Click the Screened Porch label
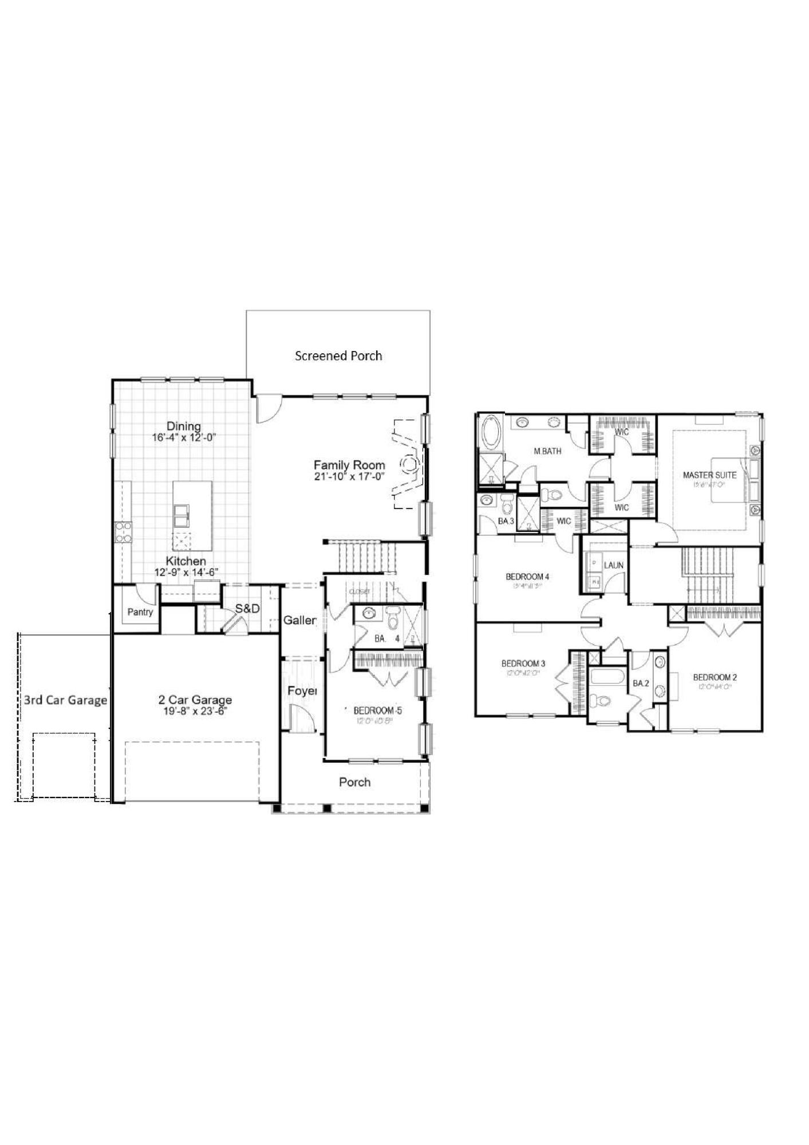(338, 356)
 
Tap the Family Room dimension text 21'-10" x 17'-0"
(349, 476)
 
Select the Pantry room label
(140, 612)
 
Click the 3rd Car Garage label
(65, 700)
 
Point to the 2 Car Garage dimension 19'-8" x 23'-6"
(195, 712)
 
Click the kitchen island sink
(183, 515)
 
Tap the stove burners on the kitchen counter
(123, 532)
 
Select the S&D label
(247, 609)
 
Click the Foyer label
(302, 691)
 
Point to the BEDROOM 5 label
(377, 710)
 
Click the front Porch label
(354, 782)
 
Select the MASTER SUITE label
(709, 475)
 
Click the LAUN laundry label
(613, 565)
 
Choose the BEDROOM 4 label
(527, 577)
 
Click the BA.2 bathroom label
(641, 683)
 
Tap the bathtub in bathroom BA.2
(609, 678)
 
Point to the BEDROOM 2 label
(715, 677)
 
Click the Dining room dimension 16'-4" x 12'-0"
(184, 437)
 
